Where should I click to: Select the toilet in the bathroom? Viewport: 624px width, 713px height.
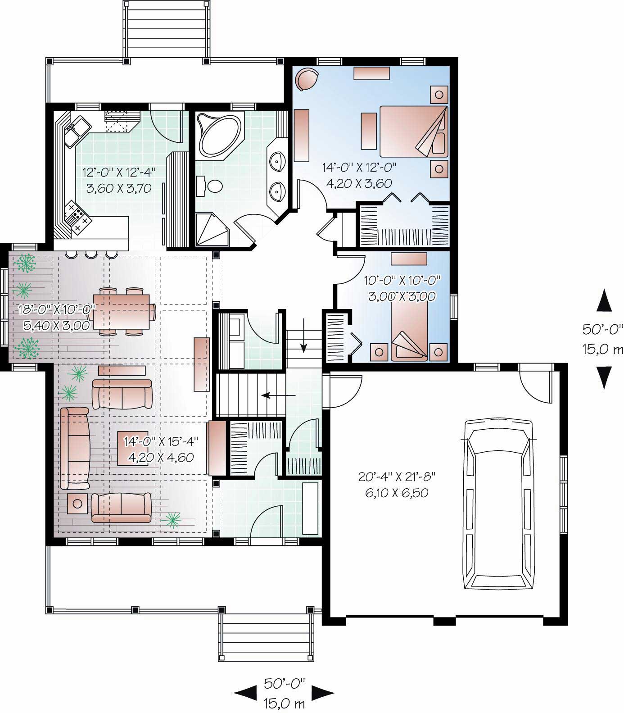212,185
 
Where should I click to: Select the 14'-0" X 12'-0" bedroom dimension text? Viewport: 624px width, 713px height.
359,168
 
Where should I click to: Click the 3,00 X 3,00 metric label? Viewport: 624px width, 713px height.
402,296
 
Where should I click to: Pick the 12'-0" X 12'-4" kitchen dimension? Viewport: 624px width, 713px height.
118,172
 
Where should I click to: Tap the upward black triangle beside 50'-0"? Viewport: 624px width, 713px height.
604,301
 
